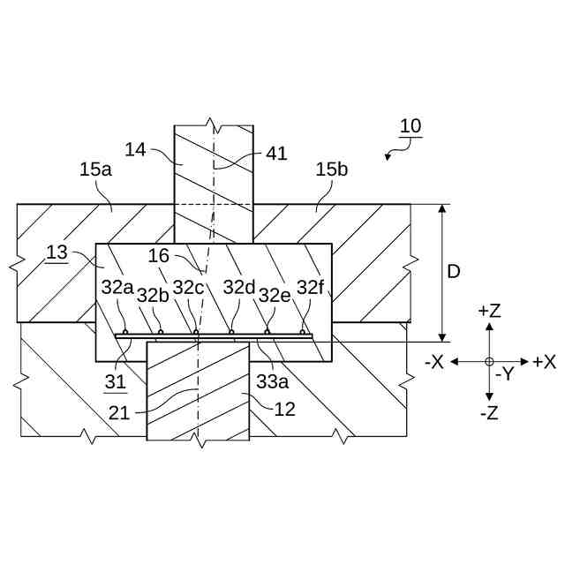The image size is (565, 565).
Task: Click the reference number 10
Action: click(410, 125)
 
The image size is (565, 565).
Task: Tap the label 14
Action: click(135, 150)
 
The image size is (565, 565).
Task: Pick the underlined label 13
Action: click(56, 252)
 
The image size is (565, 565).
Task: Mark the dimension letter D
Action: click(453, 273)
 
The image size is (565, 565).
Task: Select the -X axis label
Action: click(433, 361)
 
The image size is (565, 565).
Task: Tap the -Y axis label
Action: click(504, 374)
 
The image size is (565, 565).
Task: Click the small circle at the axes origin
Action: click(489, 361)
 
